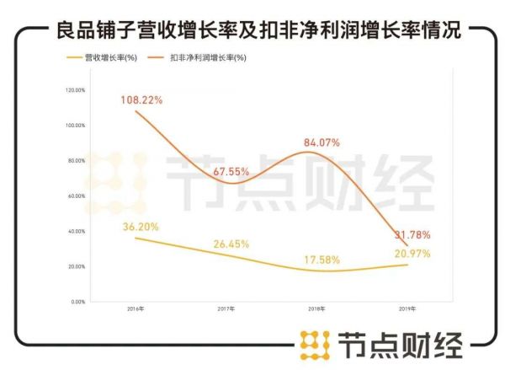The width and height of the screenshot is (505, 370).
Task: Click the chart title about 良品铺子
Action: click(252, 31)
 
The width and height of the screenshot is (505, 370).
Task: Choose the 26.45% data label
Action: click(231, 244)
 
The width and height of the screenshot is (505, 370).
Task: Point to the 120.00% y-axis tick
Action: click(77, 90)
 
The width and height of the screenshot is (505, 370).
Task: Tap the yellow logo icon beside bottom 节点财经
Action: click(315, 345)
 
